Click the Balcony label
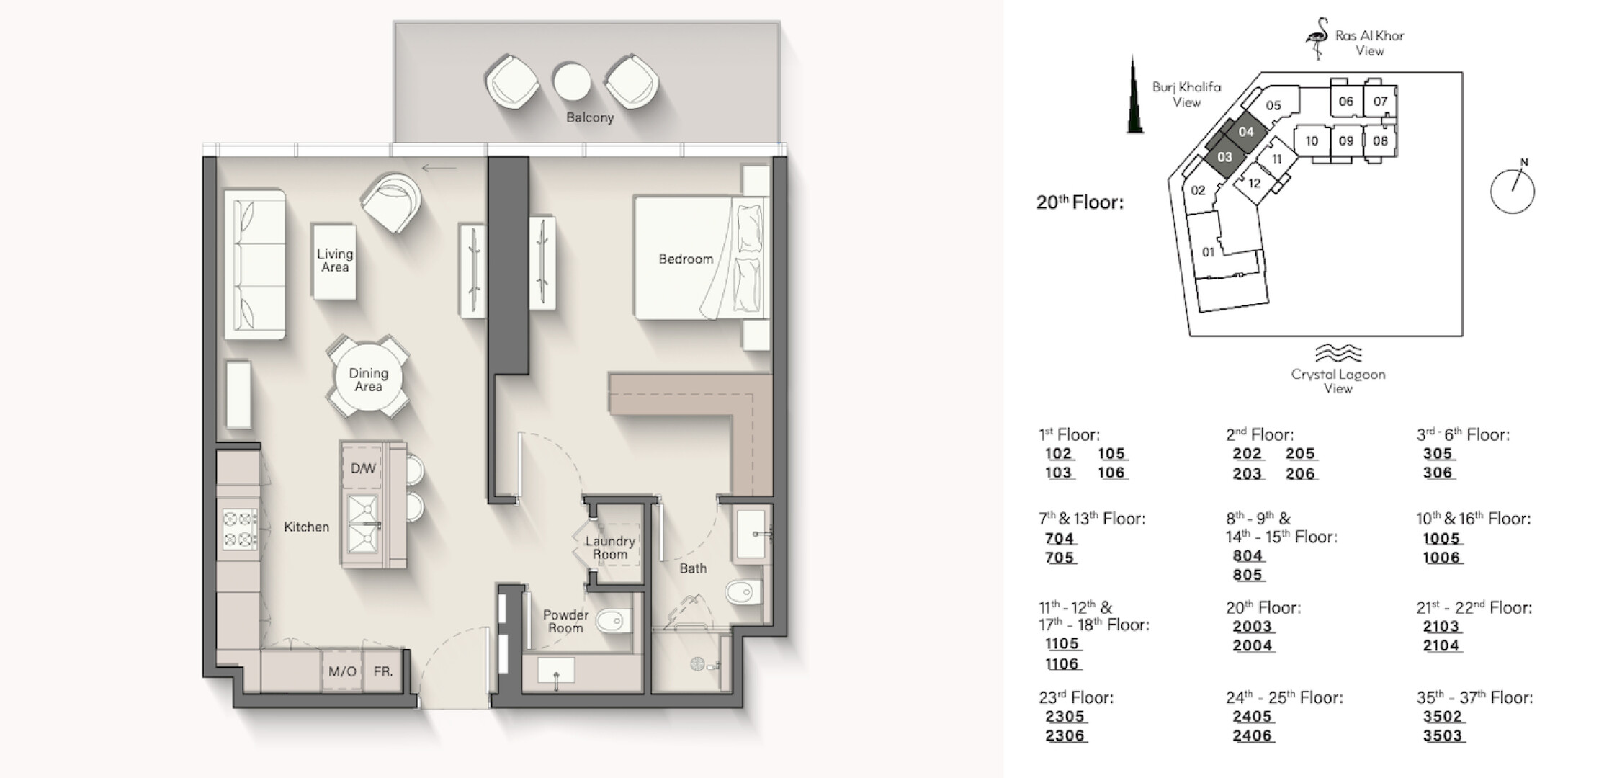coord(590,117)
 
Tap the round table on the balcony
coord(572,82)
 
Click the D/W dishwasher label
coord(363,468)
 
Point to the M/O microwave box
coord(342,671)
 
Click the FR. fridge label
coord(383,671)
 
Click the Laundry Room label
coord(610,547)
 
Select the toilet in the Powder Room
coord(615,620)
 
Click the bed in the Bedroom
coord(698,258)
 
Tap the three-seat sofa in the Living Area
coord(254,264)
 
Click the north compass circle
coord(1512,191)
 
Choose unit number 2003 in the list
coord(1253,627)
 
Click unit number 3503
coord(1443,735)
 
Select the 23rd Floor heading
coord(1076,697)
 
